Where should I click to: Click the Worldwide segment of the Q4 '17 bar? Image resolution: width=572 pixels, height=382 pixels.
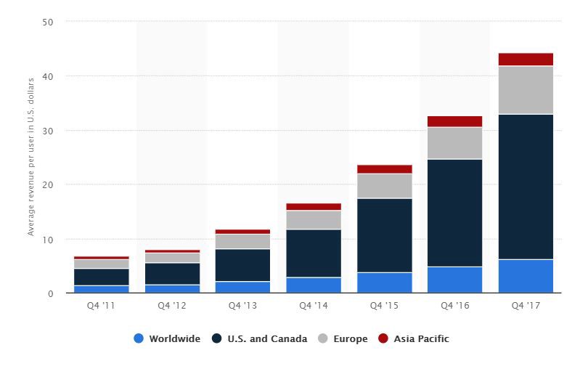click(x=526, y=277)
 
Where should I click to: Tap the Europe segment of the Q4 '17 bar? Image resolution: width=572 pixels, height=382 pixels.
click(x=526, y=90)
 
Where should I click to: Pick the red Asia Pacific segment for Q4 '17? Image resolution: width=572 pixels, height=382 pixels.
click(x=526, y=60)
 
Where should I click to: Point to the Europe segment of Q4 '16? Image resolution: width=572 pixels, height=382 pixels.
click(x=454, y=143)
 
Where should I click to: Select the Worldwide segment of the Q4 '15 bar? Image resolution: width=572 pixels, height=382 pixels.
click(x=384, y=283)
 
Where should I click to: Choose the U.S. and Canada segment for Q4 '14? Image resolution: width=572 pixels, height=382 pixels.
click(x=314, y=253)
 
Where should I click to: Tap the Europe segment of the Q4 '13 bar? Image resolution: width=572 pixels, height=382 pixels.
click(x=242, y=241)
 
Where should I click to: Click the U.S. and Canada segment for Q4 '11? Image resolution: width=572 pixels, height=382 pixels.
click(x=101, y=277)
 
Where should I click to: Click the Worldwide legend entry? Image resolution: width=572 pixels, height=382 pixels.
click(x=168, y=338)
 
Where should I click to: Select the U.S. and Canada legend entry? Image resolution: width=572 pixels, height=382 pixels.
click(x=259, y=338)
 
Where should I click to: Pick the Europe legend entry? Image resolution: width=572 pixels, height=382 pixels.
click(x=343, y=338)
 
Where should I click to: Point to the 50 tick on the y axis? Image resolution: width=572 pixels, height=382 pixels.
click(x=48, y=22)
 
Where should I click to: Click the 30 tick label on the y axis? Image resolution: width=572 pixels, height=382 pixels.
click(x=48, y=131)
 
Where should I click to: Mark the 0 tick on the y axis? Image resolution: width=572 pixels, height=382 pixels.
click(x=51, y=293)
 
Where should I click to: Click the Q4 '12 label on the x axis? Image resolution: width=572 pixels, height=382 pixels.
click(x=171, y=306)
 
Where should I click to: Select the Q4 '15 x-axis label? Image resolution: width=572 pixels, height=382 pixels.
click(x=384, y=306)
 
